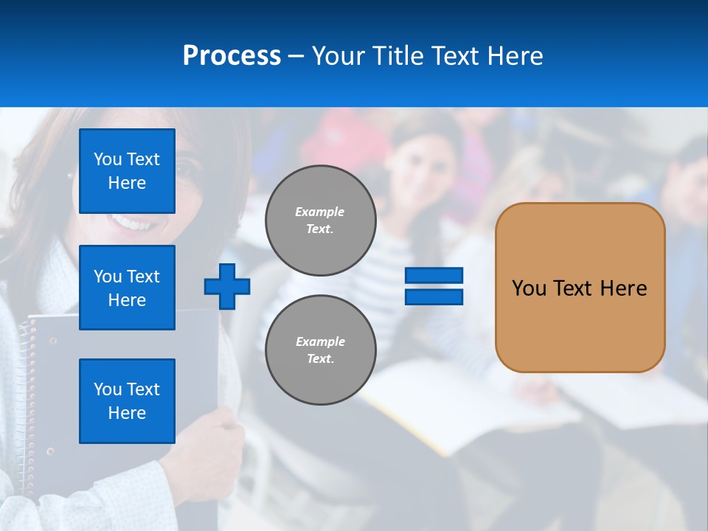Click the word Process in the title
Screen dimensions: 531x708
(x=232, y=56)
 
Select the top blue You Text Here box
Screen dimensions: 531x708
(x=127, y=171)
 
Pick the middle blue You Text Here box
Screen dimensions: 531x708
(x=127, y=288)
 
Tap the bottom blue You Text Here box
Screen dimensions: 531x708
(x=127, y=401)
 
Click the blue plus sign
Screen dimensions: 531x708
(x=227, y=286)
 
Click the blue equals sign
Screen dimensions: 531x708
(x=434, y=286)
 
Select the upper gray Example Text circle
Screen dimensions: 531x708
(x=321, y=221)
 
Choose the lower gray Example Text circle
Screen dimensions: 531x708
(x=321, y=350)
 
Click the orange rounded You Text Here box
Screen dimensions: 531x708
(x=580, y=288)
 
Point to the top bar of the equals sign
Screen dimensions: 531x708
(x=434, y=276)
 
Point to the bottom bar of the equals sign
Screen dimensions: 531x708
(x=434, y=296)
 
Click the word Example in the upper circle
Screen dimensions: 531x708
(x=319, y=212)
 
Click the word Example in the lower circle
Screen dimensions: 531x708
(x=320, y=341)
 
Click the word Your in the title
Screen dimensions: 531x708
(x=339, y=56)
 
